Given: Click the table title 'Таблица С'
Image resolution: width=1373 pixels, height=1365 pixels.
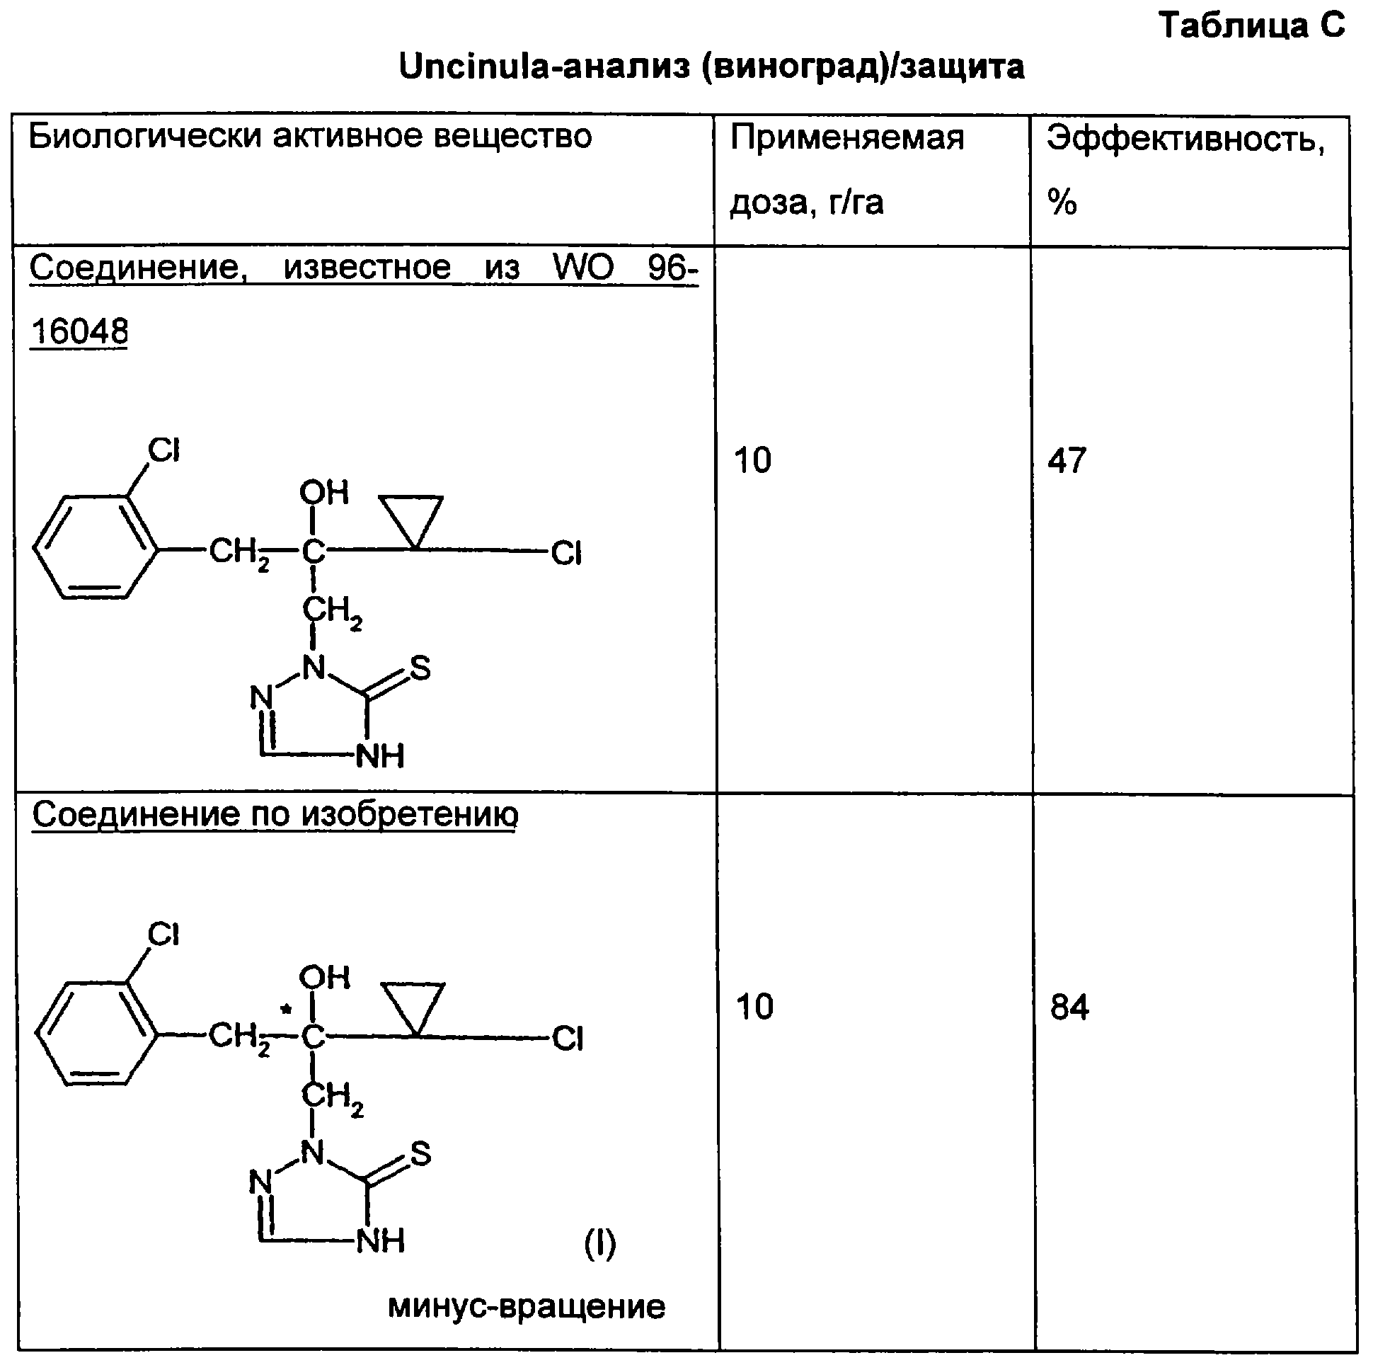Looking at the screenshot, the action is tap(1252, 25).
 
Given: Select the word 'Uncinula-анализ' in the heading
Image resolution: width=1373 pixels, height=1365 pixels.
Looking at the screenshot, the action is tap(544, 67).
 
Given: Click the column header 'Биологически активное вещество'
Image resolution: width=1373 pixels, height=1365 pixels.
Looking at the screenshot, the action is tap(310, 136).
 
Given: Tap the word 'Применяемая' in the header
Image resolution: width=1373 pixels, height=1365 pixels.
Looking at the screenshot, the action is tap(847, 138).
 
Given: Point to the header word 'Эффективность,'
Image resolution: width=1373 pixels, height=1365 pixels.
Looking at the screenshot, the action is tap(1185, 139).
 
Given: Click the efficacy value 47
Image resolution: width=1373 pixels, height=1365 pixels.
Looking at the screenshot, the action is tap(1067, 460).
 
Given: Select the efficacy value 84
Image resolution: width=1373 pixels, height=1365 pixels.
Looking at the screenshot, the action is tap(1069, 1007).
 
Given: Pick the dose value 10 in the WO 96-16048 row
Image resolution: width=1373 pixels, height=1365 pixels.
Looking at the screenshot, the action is tap(752, 460).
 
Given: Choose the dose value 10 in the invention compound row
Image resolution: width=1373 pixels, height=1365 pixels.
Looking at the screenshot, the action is tap(754, 1007).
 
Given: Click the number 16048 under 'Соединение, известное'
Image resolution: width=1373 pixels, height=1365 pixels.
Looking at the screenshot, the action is tap(79, 331).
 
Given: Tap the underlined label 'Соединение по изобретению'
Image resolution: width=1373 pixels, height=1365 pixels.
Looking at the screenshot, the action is tap(276, 814).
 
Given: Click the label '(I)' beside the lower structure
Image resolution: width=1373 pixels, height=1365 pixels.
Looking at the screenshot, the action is tap(599, 1243).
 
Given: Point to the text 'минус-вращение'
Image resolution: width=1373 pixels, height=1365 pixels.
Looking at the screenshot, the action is tap(527, 1307).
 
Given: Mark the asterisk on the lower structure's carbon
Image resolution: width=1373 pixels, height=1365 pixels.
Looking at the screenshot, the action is tap(286, 1009).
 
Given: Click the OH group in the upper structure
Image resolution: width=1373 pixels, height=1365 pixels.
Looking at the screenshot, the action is tap(324, 492).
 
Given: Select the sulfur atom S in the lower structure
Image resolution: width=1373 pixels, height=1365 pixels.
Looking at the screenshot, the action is tap(420, 1153).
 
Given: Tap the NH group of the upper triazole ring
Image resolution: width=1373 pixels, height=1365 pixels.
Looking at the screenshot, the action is tap(379, 755).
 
